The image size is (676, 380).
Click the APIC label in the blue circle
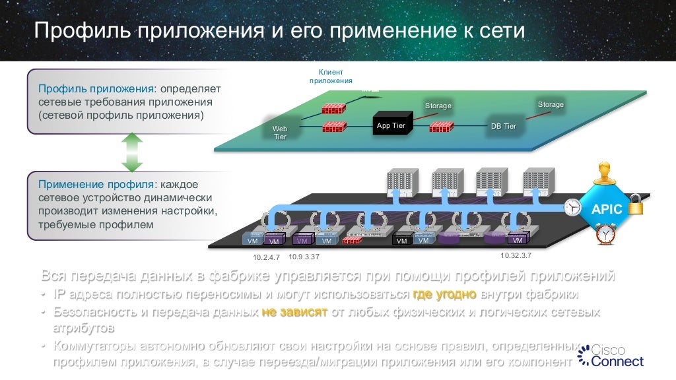pos(606,209)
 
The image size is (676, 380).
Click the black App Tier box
pos(390,125)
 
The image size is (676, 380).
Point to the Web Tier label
pos(281,132)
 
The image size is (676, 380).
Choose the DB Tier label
pos(503,126)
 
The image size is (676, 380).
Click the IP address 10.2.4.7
pos(267,256)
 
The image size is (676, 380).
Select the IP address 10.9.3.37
pos(304,256)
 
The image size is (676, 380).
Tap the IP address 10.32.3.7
pos(516,255)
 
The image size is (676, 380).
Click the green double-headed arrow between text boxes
pos(132,152)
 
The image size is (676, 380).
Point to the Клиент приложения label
pos(331,76)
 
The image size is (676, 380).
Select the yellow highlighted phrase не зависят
pos(294,311)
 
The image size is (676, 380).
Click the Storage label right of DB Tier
pos(551,105)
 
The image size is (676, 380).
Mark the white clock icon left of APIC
pos(572,208)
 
